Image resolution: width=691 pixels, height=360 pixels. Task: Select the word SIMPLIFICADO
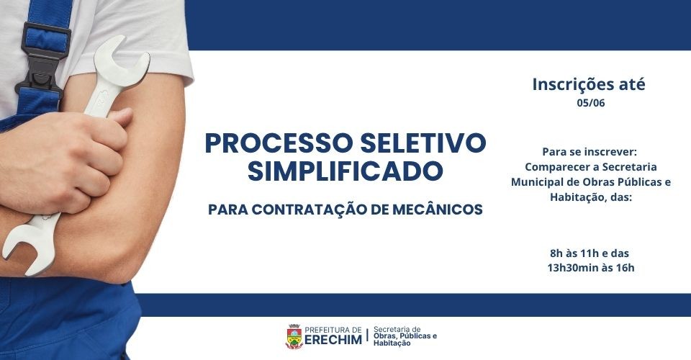click(345, 171)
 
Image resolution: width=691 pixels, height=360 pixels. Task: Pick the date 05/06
click(590, 103)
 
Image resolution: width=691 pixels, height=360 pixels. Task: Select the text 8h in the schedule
click(556, 253)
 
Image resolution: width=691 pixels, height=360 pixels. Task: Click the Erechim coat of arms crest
click(294, 337)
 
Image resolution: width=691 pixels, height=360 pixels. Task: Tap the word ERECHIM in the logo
click(333, 340)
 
